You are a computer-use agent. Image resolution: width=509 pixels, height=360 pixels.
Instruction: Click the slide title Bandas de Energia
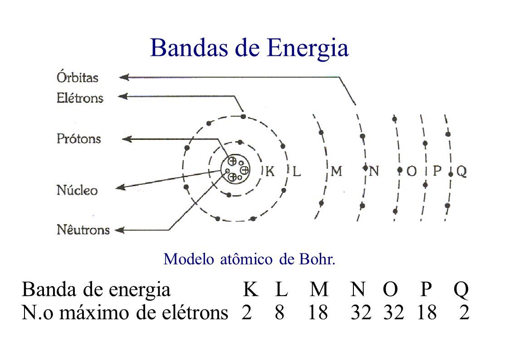[x=249, y=48]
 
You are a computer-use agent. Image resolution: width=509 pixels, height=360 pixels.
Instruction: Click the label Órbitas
[x=77, y=78]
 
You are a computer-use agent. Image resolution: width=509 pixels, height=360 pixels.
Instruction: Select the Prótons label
[x=78, y=138]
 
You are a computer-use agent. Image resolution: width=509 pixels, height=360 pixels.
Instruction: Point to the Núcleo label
[x=77, y=190]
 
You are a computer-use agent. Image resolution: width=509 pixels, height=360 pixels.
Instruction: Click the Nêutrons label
[x=83, y=230]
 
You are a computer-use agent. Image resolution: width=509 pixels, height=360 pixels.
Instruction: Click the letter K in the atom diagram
[x=270, y=172]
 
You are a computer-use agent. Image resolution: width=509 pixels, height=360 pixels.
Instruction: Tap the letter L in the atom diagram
[x=296, y=172]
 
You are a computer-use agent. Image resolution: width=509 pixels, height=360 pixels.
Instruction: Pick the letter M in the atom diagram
[x=336, y=172]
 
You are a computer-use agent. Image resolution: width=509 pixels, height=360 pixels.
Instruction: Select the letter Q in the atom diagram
[x=461, y=172]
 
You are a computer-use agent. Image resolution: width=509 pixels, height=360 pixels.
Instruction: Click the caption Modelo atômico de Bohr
[x=249, y=259]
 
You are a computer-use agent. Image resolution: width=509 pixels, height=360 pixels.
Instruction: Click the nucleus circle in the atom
[x=236, y=169]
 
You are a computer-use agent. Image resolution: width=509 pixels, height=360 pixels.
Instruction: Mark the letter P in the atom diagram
[x=437, y=172]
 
